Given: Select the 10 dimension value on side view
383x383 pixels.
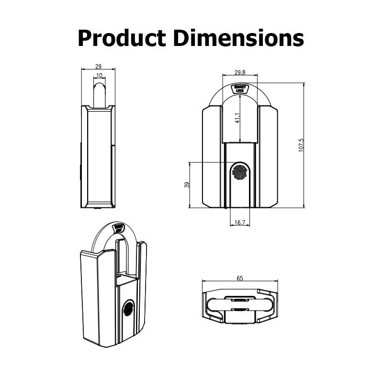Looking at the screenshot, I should click(x=99, y=75).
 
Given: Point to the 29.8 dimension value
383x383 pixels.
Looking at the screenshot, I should click(x=240, y=72).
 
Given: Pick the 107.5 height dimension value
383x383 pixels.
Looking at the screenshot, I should click(x=301, y=145).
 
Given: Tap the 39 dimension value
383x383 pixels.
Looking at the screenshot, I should click(x=187, y=185).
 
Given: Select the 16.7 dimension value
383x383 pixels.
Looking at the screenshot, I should click(x=240, y=223).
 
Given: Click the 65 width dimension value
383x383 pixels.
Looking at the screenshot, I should click(x=239, y=278).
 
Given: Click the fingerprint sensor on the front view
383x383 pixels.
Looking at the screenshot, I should click(x=239, y=173).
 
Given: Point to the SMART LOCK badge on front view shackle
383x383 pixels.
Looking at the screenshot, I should click(x=239, y=89).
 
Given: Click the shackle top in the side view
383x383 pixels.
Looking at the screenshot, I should click(x=99, y=86).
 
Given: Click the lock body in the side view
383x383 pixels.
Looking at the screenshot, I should click(x=98, y=158).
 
